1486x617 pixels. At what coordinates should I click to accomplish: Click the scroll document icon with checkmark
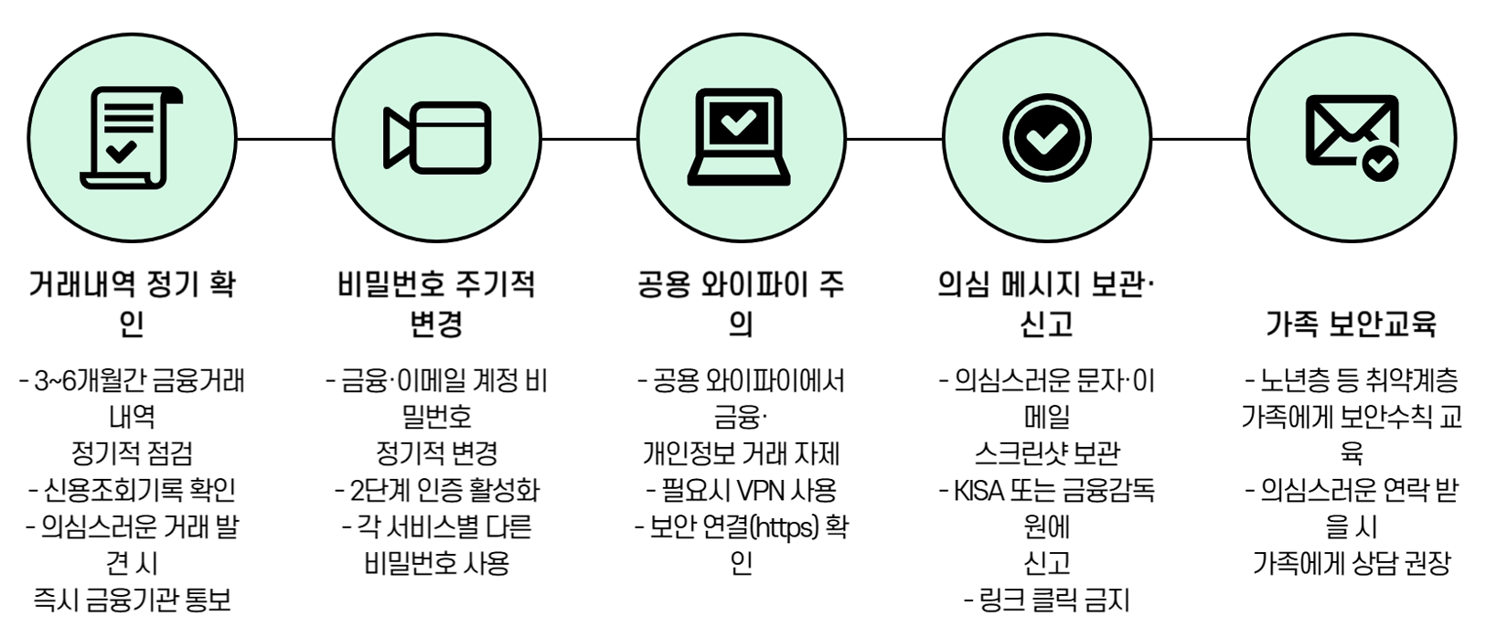click(x=132, y=139)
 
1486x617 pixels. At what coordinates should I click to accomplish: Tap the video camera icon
click(x=436, y=139)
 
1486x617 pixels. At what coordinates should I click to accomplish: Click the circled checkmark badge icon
click(x=1046, y=139)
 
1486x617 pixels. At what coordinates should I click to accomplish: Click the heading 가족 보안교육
click(x=1351, y=323)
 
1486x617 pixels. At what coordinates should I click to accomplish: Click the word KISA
click(x=978, y=491)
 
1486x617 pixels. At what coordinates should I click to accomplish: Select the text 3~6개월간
click(x=77, y=380)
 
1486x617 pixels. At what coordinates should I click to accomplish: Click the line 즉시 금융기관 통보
click(x=132, y=601)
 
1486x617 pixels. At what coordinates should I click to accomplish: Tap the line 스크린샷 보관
click(x=1047, y=454)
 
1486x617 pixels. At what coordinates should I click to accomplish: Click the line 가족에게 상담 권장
click(x=1351, y=564)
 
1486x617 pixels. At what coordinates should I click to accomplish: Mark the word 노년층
click(x=1293, y=380)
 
